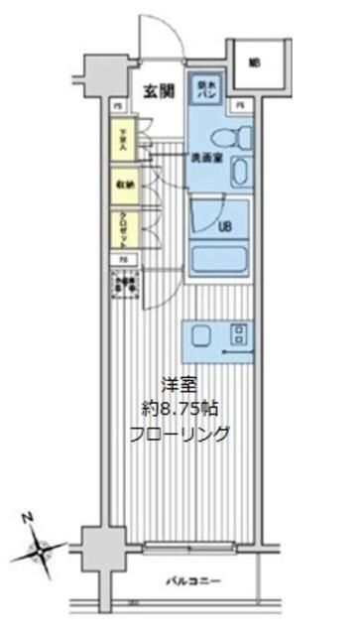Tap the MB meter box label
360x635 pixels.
click(254, 63)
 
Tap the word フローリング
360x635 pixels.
click(180, 434)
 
